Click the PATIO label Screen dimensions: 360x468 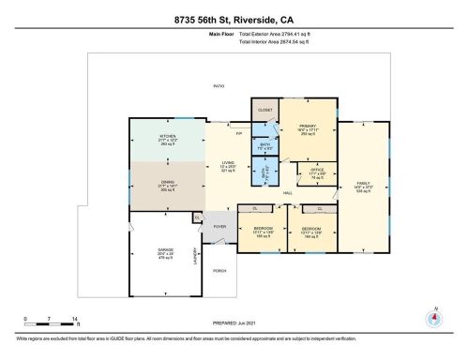point(219,86)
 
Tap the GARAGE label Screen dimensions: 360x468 point(165,251)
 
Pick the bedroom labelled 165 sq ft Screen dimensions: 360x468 point(264,230)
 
